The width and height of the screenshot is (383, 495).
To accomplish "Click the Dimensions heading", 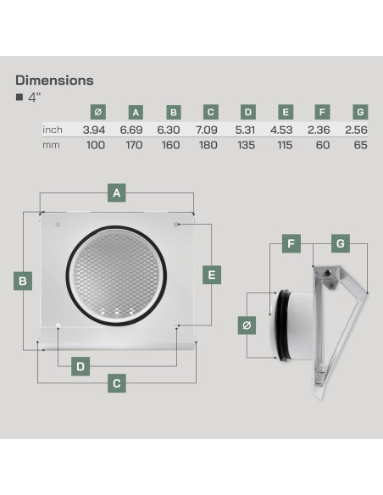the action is (54, 81).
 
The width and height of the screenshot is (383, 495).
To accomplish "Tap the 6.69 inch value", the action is (131, 130).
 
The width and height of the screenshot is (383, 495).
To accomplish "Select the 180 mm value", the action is (208, 145).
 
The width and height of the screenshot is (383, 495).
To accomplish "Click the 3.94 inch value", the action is (94, 130).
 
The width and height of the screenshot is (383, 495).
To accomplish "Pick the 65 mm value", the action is (361, 145).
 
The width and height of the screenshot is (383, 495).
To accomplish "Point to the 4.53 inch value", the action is (281, 130).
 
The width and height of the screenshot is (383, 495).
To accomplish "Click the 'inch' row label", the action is (53, 130).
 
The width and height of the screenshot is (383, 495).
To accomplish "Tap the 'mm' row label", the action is (51, 146).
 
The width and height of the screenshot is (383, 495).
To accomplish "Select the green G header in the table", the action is (360, 112).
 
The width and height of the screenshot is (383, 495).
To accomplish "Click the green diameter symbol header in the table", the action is (98, 112).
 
